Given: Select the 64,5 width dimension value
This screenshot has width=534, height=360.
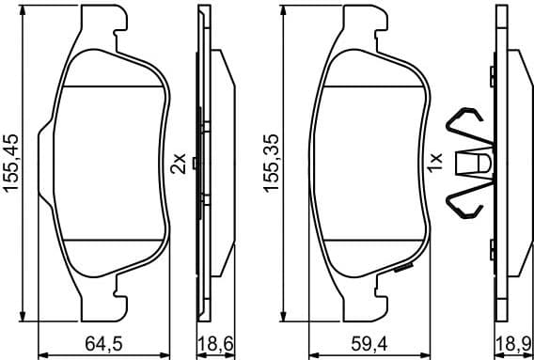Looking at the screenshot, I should (106, 345).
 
